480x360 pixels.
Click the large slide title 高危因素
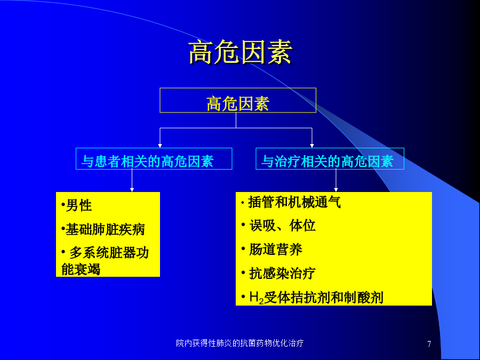pos(241,52)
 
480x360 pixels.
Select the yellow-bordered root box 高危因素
pos(238,100)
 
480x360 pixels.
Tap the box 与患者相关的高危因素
pos(154,158)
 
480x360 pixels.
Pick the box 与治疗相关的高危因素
pos(330,158)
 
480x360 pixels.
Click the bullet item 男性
pos(76,205)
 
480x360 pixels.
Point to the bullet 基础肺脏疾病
pos(103,229)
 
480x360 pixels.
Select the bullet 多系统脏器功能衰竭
pos(105,261)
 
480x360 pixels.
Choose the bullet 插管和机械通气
pos(291,202)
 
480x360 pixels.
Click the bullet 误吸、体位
pos(278,226)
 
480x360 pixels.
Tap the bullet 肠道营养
pos(272,250)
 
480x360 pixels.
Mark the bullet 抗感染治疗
pos(278,273)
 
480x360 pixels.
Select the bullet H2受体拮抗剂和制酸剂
pos(312,297)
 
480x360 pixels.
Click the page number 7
pos(429,344)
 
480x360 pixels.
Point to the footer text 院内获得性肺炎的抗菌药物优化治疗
pos(239,343)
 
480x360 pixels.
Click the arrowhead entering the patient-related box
pos(160,146)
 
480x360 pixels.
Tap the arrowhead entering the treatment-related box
pos(312,146)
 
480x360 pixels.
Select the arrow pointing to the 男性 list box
pos(132,181)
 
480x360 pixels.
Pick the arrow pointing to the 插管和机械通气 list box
pos(336,181)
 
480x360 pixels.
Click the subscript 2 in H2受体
pos(261,301)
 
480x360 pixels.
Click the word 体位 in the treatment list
pos(302,226)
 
